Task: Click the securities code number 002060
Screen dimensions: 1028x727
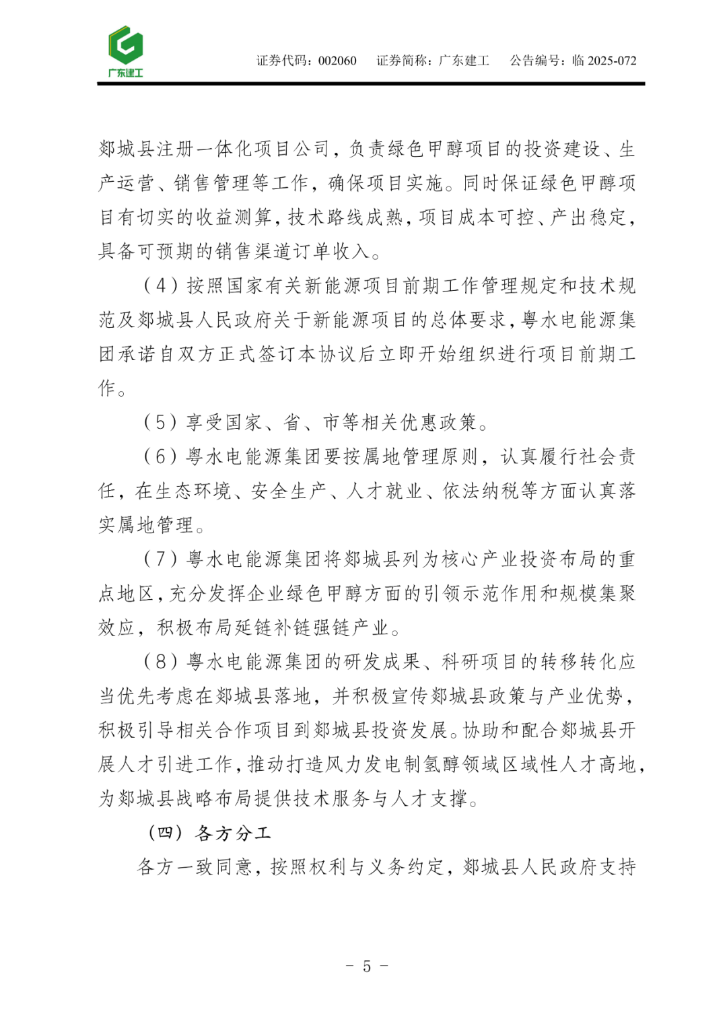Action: click(337, 61)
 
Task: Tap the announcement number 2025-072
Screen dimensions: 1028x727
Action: click(611, 61)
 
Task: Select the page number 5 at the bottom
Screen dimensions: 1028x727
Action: click(366, 966)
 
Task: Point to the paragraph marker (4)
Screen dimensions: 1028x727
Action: click(161, 285)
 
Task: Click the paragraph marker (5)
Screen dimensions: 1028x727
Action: click(161, 422)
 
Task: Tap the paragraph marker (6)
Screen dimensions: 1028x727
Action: click(161, 456)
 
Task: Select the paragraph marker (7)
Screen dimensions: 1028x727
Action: click(161, 559)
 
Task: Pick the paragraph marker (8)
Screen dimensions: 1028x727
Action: click(161, 662)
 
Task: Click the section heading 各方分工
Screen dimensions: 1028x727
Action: click(233, 833)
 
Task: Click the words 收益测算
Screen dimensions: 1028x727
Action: click(234, 217)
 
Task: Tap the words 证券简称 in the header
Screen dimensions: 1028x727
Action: click(403, 61)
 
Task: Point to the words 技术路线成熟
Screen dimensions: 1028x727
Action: click(345, 217)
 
